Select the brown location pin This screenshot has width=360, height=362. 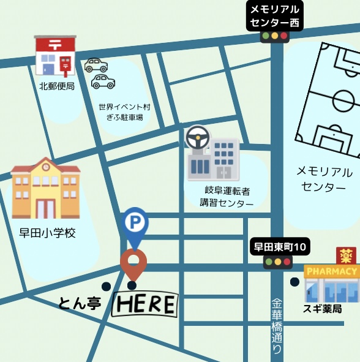click(x=133, y=262)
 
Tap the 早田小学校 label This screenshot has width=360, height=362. click(x=47, y=233)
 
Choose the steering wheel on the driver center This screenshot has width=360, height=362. click(x=198, y=138)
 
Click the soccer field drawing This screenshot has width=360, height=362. click(x=329, y=98)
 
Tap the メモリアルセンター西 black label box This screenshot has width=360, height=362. click(x=275, y=17)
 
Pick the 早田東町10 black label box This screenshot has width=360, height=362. click(x=282, y=247)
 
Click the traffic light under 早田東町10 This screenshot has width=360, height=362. click(x=277, y=262)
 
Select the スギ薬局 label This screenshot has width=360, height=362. click(x=322, y=309)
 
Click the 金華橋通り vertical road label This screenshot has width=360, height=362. click(x=277, y=325)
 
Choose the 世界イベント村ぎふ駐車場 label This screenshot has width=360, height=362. click(x=124, y=111)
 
